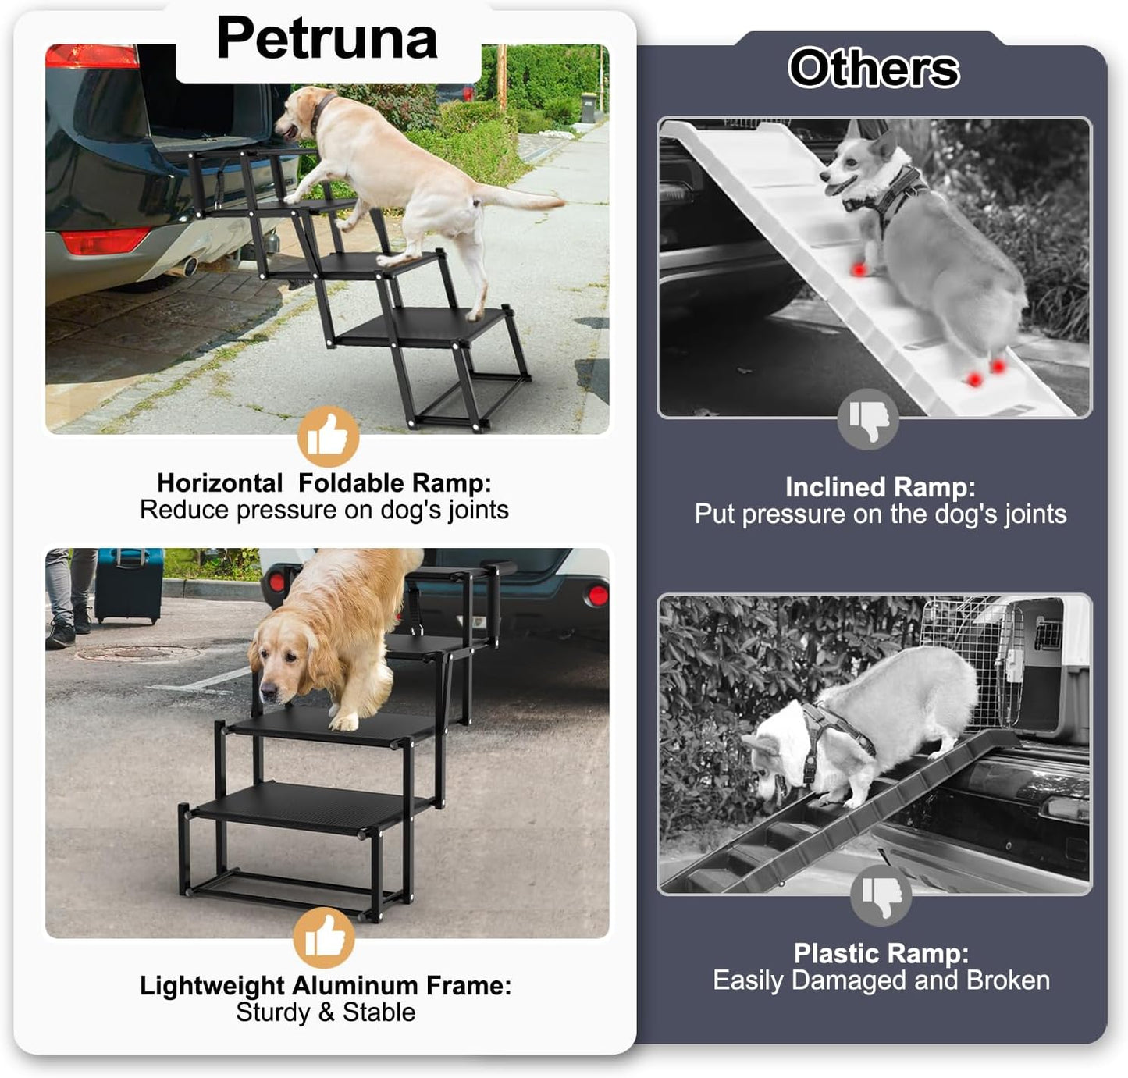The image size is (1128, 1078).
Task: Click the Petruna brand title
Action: [x=326, y=38]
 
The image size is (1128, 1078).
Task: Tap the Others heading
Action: [x=874, y=69]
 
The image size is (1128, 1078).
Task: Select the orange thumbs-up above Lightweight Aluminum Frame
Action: [x=324, y=937]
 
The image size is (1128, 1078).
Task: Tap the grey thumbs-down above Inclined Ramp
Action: [x=868, y=419]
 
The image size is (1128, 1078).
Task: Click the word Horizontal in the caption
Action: [x=219, y=483]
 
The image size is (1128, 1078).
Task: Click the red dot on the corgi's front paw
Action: [x=859, y=269]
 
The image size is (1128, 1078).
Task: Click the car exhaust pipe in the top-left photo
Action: [x=189, y=268]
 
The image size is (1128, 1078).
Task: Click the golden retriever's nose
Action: [x=268, y=691]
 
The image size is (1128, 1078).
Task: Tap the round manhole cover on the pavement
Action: [x=137, y=654]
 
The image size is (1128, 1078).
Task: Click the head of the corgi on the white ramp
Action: [x=855, y=168]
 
